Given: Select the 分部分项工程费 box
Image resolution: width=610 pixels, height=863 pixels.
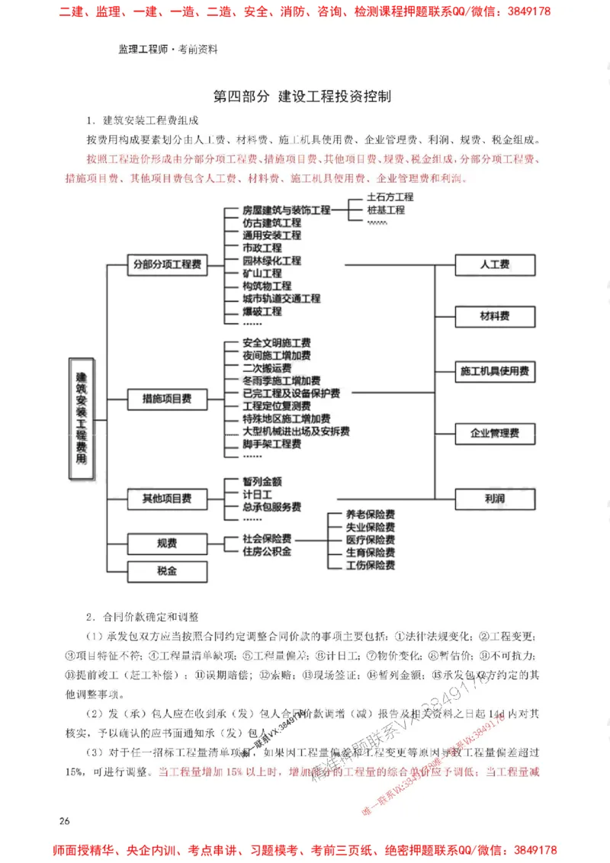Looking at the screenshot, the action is click(167, 265).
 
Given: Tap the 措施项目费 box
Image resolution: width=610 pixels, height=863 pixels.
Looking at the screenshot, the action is click(167, 398).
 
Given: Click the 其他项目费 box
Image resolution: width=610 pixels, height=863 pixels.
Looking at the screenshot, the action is click(167, 499).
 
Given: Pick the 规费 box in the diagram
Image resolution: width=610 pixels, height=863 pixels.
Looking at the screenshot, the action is click(167, 544).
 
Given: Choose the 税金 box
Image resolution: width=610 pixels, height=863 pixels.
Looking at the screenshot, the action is click(167, 570).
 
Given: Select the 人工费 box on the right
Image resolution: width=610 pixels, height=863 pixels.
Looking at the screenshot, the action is click(495, 265).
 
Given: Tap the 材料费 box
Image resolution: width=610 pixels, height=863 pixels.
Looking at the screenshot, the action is click(495, 316).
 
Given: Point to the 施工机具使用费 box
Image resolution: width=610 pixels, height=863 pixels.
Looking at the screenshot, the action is click(495, 371).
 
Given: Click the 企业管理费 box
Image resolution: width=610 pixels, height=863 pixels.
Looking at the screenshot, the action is click(495, 433).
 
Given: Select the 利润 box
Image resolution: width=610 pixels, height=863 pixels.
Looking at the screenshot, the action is click(495, 499).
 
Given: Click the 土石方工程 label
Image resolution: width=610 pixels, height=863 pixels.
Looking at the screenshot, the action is click(390, 197).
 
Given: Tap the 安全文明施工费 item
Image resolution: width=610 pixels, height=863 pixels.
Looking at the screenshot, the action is click(276, 343).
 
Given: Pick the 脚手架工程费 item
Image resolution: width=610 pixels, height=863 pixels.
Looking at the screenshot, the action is click(271, 444).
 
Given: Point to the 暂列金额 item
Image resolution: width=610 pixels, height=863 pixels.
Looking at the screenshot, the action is click(262, 482).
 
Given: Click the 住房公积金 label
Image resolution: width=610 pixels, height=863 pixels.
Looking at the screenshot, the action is click(267, 550).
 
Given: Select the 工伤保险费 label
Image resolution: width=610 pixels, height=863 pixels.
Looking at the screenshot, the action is click(370, 565).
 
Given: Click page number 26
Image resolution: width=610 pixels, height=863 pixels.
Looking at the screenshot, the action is click(64, 821).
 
